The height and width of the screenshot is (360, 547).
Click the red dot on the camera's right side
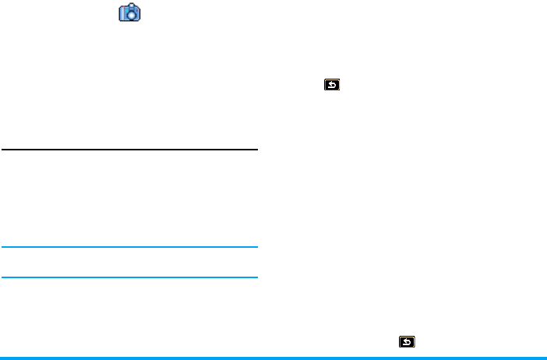136,12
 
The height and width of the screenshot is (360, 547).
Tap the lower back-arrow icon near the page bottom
407,341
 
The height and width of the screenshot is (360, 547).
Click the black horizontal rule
129,150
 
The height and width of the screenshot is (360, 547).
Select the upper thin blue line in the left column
129,248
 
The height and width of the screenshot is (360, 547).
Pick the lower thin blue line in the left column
129,277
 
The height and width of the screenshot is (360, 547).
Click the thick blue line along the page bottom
273,357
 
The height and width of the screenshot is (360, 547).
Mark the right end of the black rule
256,150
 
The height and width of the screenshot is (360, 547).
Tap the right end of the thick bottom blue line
545,357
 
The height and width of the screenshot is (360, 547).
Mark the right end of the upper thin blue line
256,248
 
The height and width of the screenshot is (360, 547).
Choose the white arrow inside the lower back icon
407,341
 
